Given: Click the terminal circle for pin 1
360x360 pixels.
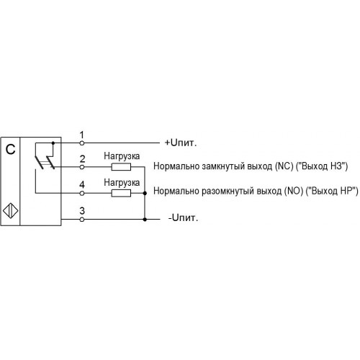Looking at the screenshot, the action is tap(82, 143).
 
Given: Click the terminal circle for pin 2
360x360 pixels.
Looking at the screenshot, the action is tap(82, 167).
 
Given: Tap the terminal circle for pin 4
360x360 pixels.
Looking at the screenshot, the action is tap(82, 193).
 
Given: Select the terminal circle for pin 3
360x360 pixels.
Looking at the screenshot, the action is tap(82, 219).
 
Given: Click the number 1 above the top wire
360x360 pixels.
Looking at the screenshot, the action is tap(82, 135).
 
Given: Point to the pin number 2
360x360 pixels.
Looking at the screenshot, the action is tap(82, 159).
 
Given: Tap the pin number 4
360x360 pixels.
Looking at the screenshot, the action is tap(82, 185).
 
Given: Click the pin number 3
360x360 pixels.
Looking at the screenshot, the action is tap(82, 211).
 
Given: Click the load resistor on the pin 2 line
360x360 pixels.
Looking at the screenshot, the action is tap(121, 167).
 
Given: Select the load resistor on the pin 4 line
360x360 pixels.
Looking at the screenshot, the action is tap(121, 193).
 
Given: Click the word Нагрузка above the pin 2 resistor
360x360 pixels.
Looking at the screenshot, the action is tap(122, 156).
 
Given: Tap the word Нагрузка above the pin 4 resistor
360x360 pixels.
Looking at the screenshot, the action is tap(122, 183).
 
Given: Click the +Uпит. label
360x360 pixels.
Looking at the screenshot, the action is tap(181, 143).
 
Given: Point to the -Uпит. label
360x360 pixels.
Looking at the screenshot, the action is tap(183, 217).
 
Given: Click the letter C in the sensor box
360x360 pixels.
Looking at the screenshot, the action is tap(10, 149).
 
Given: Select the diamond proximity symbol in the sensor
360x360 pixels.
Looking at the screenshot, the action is tap(11, 211).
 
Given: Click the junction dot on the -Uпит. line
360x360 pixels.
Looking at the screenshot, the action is tap(145, 220).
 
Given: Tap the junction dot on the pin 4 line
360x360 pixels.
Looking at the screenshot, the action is tap(145, 193).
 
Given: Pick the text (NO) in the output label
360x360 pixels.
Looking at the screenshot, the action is tap(294, 191).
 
